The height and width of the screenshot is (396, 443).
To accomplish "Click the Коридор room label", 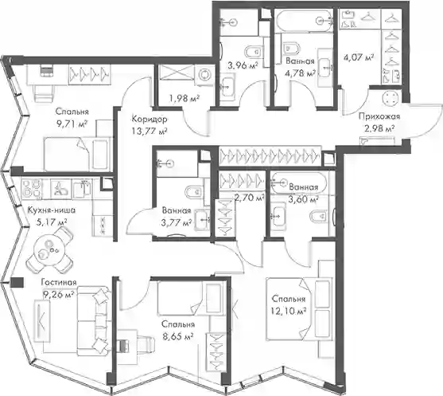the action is coord(150,120).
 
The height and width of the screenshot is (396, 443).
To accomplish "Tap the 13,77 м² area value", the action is coord(150,131).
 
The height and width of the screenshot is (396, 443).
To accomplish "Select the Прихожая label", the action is coord(379,116).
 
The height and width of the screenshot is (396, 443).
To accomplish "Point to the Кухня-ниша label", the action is coord(52,210).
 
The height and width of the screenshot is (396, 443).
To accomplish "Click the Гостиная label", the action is coord(59,282).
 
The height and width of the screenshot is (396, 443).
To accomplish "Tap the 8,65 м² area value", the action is coord(178,336).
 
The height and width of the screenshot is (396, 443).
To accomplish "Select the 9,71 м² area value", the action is coord(72,124).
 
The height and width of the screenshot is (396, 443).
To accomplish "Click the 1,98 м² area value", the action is coord(185,99).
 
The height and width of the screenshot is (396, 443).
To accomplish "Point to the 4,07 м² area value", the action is coord(359,58).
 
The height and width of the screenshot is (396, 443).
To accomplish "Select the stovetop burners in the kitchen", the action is coord(32,189).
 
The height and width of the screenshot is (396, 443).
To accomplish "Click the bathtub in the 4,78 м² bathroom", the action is coord(305,21).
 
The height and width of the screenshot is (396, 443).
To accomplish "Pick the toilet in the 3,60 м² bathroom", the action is coord(318,217).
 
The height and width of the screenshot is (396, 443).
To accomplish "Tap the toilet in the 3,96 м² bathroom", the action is coord(253,52).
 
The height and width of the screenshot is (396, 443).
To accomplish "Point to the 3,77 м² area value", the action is coord(176,223).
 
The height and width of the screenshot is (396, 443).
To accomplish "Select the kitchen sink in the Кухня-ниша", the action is coord(82,188).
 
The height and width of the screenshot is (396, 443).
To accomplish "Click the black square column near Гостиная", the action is coord(17,282).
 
